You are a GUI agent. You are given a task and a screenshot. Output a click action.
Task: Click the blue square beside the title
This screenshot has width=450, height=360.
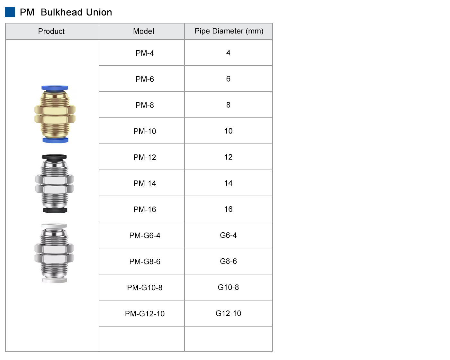point(10,12)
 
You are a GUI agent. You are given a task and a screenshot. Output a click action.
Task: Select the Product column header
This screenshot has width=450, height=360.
point(51,31)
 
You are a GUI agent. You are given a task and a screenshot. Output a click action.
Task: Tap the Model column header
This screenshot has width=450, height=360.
point(143,31)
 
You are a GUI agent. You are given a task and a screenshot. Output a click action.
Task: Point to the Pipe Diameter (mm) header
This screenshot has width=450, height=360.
point(229,31)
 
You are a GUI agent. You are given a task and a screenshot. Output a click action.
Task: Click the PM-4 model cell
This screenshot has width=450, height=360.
point(145,53)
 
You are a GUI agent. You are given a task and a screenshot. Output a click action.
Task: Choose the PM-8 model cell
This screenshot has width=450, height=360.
point(145,105)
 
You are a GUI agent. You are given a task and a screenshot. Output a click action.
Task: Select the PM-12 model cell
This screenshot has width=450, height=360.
point(145,157)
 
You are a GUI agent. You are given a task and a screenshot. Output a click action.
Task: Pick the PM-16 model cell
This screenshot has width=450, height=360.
point(145,209)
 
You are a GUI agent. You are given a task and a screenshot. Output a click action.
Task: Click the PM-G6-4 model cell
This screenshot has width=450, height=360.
point(145,235)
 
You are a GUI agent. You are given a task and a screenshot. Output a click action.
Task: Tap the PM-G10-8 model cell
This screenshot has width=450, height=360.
point(145,288)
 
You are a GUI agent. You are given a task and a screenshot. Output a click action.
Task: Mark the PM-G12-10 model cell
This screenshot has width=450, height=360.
point(145,314)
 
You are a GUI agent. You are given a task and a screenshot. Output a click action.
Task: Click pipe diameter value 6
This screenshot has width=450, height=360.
point(228,79)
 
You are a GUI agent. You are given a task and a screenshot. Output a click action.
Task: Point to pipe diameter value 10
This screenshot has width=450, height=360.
point(228,131)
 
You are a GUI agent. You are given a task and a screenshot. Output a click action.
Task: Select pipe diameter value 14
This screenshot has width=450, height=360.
point(228,183)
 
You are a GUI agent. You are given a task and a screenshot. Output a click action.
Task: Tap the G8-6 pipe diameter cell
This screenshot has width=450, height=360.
point(228,261)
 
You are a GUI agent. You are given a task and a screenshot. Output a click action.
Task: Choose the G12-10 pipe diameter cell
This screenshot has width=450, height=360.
point(228,313)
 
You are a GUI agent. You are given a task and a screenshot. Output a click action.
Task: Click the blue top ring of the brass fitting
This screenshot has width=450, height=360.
point(55,88)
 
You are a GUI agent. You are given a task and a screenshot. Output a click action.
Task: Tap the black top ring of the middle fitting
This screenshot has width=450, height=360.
point(55,157)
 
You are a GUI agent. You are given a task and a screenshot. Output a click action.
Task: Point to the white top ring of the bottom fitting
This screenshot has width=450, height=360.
point(54,226)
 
